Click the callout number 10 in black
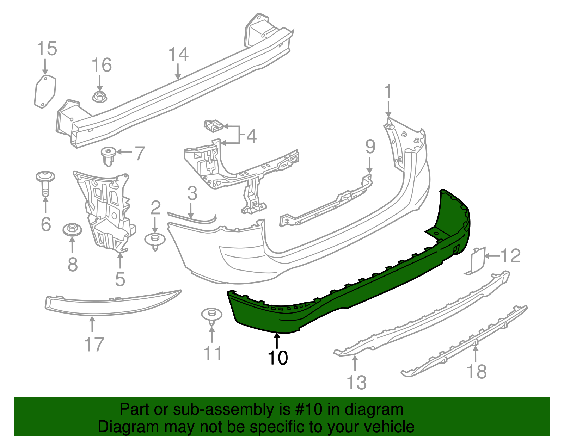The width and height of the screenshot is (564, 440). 278,358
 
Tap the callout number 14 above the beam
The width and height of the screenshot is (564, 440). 178,54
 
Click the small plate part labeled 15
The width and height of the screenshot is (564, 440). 45,91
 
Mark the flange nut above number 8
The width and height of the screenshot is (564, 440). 72,230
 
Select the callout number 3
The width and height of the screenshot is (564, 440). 192,193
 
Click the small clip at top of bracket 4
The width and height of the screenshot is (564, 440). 214,125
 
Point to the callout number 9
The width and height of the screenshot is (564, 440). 370,147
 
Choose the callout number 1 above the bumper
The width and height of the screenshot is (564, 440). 388,92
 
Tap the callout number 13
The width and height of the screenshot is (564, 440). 357,383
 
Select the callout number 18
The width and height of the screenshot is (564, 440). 477,371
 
